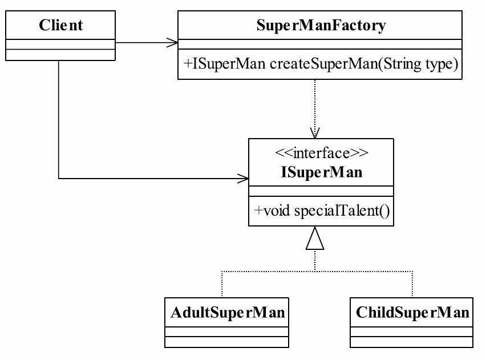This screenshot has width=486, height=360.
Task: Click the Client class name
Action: [x=60, y=25]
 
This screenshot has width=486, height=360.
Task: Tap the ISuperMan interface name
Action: [x=321, y=172]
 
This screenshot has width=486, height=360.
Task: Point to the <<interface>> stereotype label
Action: [x=321, y=153]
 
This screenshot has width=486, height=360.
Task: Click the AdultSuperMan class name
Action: [x=228, y=312]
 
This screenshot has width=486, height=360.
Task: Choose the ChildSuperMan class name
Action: [x=412, y=312]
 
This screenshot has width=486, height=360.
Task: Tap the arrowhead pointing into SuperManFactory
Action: [x=173, y=42]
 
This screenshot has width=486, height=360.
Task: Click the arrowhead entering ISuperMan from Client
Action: [x=244, y=179]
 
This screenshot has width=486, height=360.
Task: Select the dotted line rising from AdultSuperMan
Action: [x=222, y=284]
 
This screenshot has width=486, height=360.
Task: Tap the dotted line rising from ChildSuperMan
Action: [x=412, y=284]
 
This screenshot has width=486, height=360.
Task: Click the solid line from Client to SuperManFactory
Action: [x=143, y=42]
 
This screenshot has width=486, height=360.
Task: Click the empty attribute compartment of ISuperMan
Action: [x=321, y=191]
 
